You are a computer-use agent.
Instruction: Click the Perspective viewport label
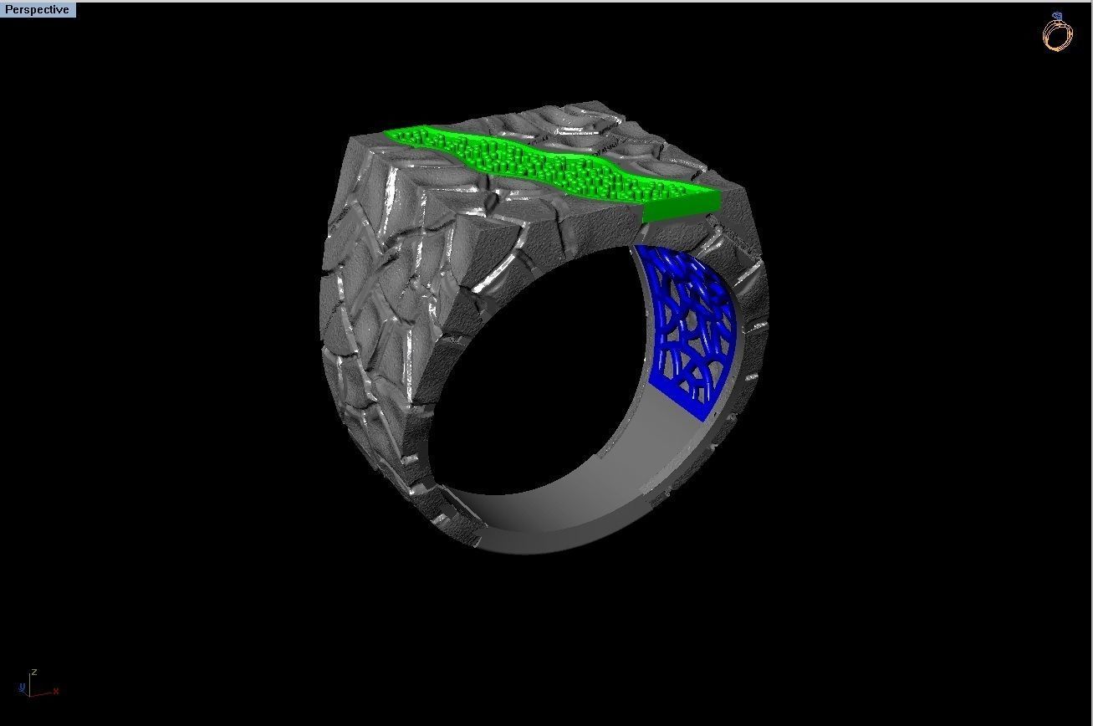point(37,10)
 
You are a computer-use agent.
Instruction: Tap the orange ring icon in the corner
point(1056,36)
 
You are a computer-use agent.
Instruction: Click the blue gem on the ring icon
point(1058,16)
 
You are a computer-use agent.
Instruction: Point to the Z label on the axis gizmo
point(33,672)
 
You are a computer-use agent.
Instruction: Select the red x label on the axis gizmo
point(55,692)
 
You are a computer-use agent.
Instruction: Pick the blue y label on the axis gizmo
point(21,688)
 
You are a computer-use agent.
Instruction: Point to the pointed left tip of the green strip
point(386,132)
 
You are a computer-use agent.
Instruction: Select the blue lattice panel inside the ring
point(686,326)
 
